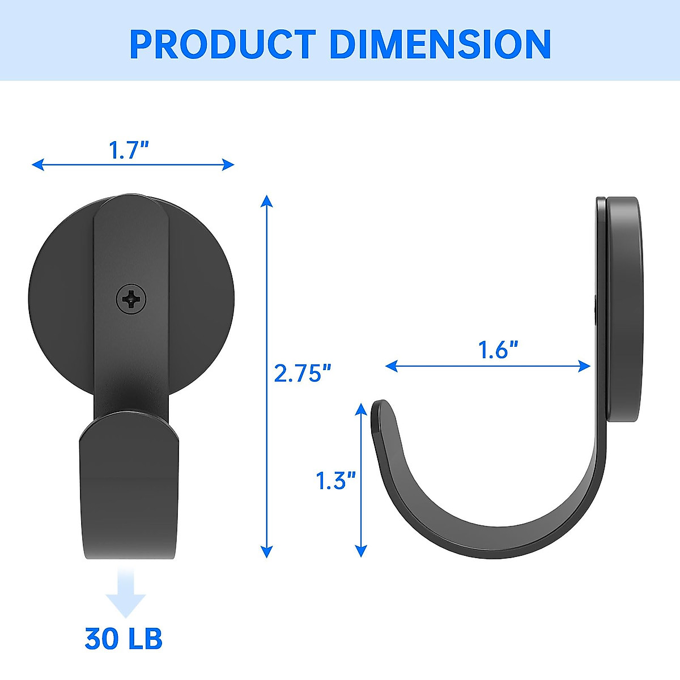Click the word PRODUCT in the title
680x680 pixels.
(222, 44)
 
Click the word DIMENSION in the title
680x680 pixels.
(440, 44)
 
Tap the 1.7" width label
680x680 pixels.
(129, 151)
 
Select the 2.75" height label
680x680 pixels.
(303, 373)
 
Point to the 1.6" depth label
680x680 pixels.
(498, 350)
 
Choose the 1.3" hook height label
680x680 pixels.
(335, 481)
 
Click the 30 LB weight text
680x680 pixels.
(124, 638)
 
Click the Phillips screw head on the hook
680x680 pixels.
(131, 298)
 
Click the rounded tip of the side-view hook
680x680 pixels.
(381, 407)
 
